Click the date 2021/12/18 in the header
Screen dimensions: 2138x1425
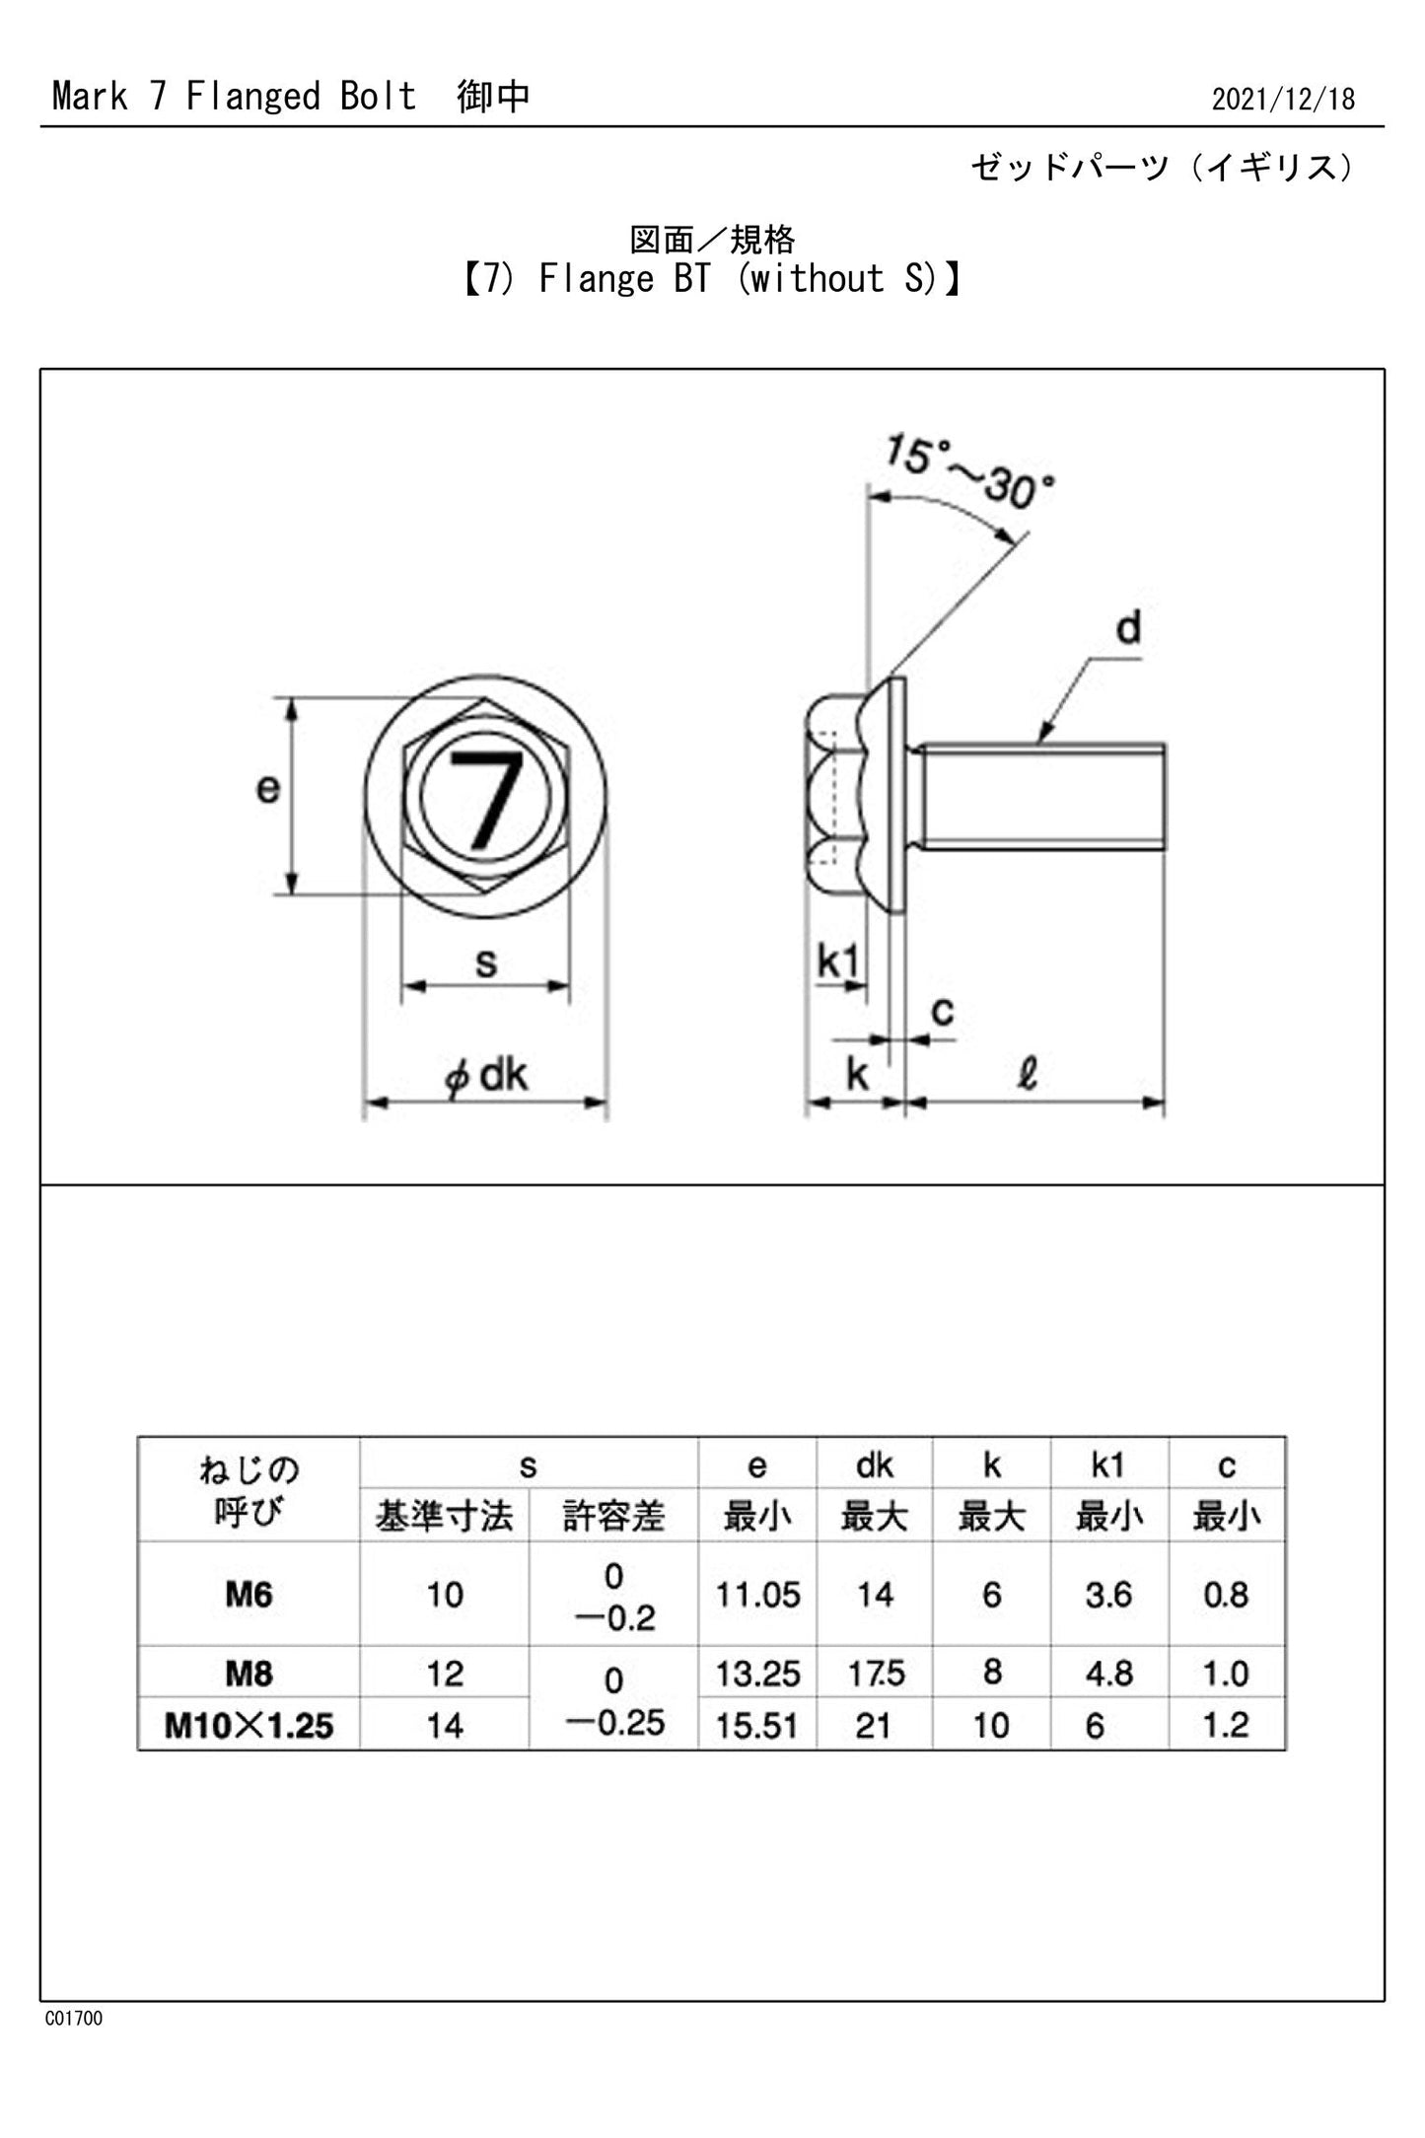click(1282, 100)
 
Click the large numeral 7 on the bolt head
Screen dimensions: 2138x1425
click(486, 797)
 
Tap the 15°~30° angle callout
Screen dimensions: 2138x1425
click(967, 472)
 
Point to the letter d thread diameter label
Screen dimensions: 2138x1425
click(1128, 628)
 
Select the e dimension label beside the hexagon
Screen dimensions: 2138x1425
click(267, 788)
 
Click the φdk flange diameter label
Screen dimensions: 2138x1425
click(486, 1074)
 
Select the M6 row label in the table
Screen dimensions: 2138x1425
click(249, 1594)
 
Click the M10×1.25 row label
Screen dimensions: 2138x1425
click(249, 1725)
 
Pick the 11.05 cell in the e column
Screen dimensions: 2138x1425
click(756, 1595)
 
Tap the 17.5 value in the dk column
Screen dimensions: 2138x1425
click(875, 1674)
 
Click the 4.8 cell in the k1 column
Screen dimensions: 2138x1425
click(1108, 1674)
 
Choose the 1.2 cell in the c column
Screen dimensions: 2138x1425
click(1226, 1725)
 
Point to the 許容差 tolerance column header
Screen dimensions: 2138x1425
click(613, 1516)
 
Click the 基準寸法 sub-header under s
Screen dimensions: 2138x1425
click(444, 1516)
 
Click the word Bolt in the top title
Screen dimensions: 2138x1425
click(378, 97)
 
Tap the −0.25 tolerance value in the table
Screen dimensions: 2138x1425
click(615, 1723)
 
